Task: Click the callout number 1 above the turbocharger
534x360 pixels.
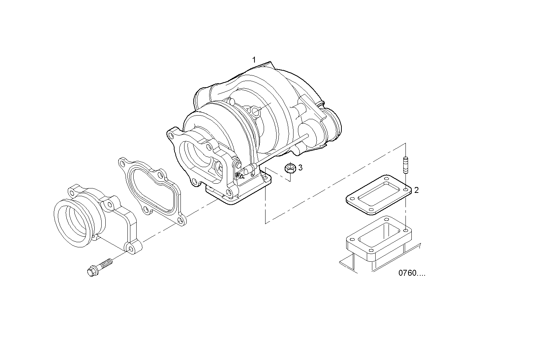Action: tap(254, 60)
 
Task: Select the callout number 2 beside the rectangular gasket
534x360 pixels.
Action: tap(416, 190)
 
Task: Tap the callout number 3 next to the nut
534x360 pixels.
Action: tap(300, 168)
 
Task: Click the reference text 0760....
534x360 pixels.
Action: tap(411, 273)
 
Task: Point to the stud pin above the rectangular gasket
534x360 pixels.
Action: tap(406, 165)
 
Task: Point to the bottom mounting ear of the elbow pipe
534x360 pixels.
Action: tap(130, 248)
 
